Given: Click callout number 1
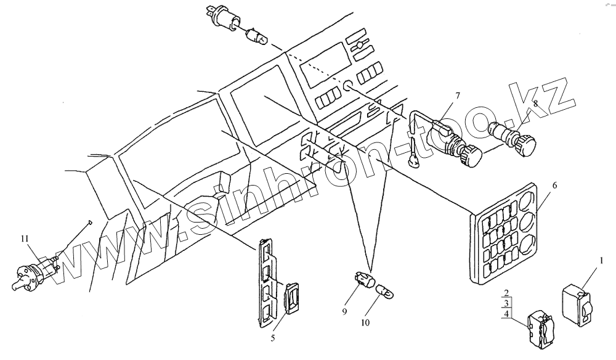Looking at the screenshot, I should (601, 262).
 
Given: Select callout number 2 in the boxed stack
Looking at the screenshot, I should (505, 292).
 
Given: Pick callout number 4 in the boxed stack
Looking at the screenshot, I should (505, 314).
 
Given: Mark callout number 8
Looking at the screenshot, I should (536, 105).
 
